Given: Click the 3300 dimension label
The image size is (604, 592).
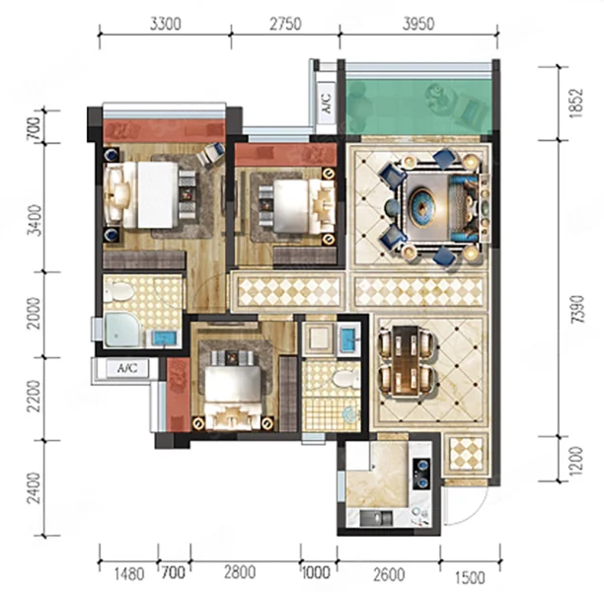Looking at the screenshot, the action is (x=165, y=25).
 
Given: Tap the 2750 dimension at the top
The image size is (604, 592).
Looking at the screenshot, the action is (x=285, y=25).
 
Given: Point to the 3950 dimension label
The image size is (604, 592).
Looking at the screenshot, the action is (x=418, y=25).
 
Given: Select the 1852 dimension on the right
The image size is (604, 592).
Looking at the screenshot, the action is (x=577, y=104).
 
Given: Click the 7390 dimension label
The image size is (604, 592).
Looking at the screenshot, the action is (x=577, y=309).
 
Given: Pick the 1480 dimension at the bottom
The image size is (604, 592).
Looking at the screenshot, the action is (x=129, y=574).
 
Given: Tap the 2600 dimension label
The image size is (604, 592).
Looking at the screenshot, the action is (x=389, y=574).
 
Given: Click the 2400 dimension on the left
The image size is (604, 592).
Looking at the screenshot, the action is (x=35, y=487).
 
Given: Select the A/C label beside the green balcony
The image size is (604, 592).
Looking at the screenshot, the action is (x=327, y=104).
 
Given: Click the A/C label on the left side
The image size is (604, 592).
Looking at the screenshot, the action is (x=127, y=369).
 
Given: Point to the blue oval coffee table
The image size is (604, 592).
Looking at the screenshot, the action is (x=422, y=207).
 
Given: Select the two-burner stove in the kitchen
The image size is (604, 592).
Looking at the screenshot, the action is (x=421, y=474).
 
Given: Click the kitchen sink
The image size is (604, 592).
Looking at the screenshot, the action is (x=377, y=519).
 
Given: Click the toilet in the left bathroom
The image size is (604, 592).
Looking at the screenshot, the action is (x=119, y=292).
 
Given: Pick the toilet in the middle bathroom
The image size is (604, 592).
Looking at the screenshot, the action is (x=345, y=379).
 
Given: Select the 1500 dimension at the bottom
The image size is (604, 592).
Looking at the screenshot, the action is (x=470, y=578).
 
